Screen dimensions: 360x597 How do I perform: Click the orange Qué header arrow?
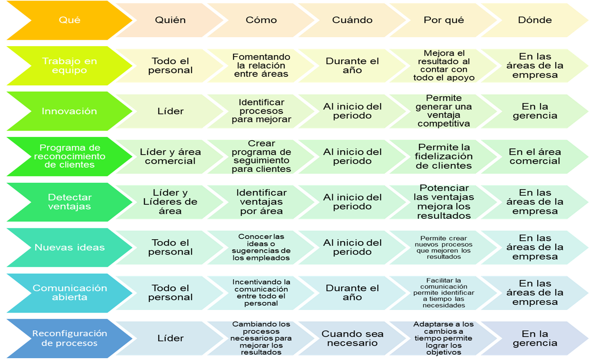click(x=69, y=20)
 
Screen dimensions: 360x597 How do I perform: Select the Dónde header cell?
click(x=535, y=20)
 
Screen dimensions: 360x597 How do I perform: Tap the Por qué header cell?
click(x=444, y=20)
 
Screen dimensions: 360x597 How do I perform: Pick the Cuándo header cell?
click(x=352, y=20)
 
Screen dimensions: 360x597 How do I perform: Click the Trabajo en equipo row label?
click(x=69, y=66)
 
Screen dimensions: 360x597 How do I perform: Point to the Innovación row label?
click(x=69, y=111)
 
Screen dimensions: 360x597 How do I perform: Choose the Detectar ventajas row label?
click(x=69, y=202)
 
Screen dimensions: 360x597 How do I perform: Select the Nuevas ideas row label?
click(x=69, y=247)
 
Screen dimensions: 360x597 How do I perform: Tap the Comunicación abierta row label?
click(x=69, y=293)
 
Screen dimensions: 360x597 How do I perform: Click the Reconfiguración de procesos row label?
click(x=69, y=338)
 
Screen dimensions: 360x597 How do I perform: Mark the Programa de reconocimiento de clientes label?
click(x=69, y=156)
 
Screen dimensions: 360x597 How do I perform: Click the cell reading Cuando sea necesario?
click(x=352, y=338)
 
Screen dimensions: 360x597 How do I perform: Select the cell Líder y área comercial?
click(x=170, y=156)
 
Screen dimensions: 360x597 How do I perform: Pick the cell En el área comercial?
click(x=535, y=156)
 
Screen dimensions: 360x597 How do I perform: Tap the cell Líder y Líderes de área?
click(x=170, y=202)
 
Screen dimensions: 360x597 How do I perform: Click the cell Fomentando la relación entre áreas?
click(x=261, y=66)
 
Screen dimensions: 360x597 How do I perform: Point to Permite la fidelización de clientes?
click(x=444, y=156)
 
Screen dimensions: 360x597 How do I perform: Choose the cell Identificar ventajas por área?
click(x=261, y=202)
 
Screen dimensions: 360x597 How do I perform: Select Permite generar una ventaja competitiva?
click(x=444, y=111)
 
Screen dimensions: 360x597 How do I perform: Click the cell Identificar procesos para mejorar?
click(x=261, y=111)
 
